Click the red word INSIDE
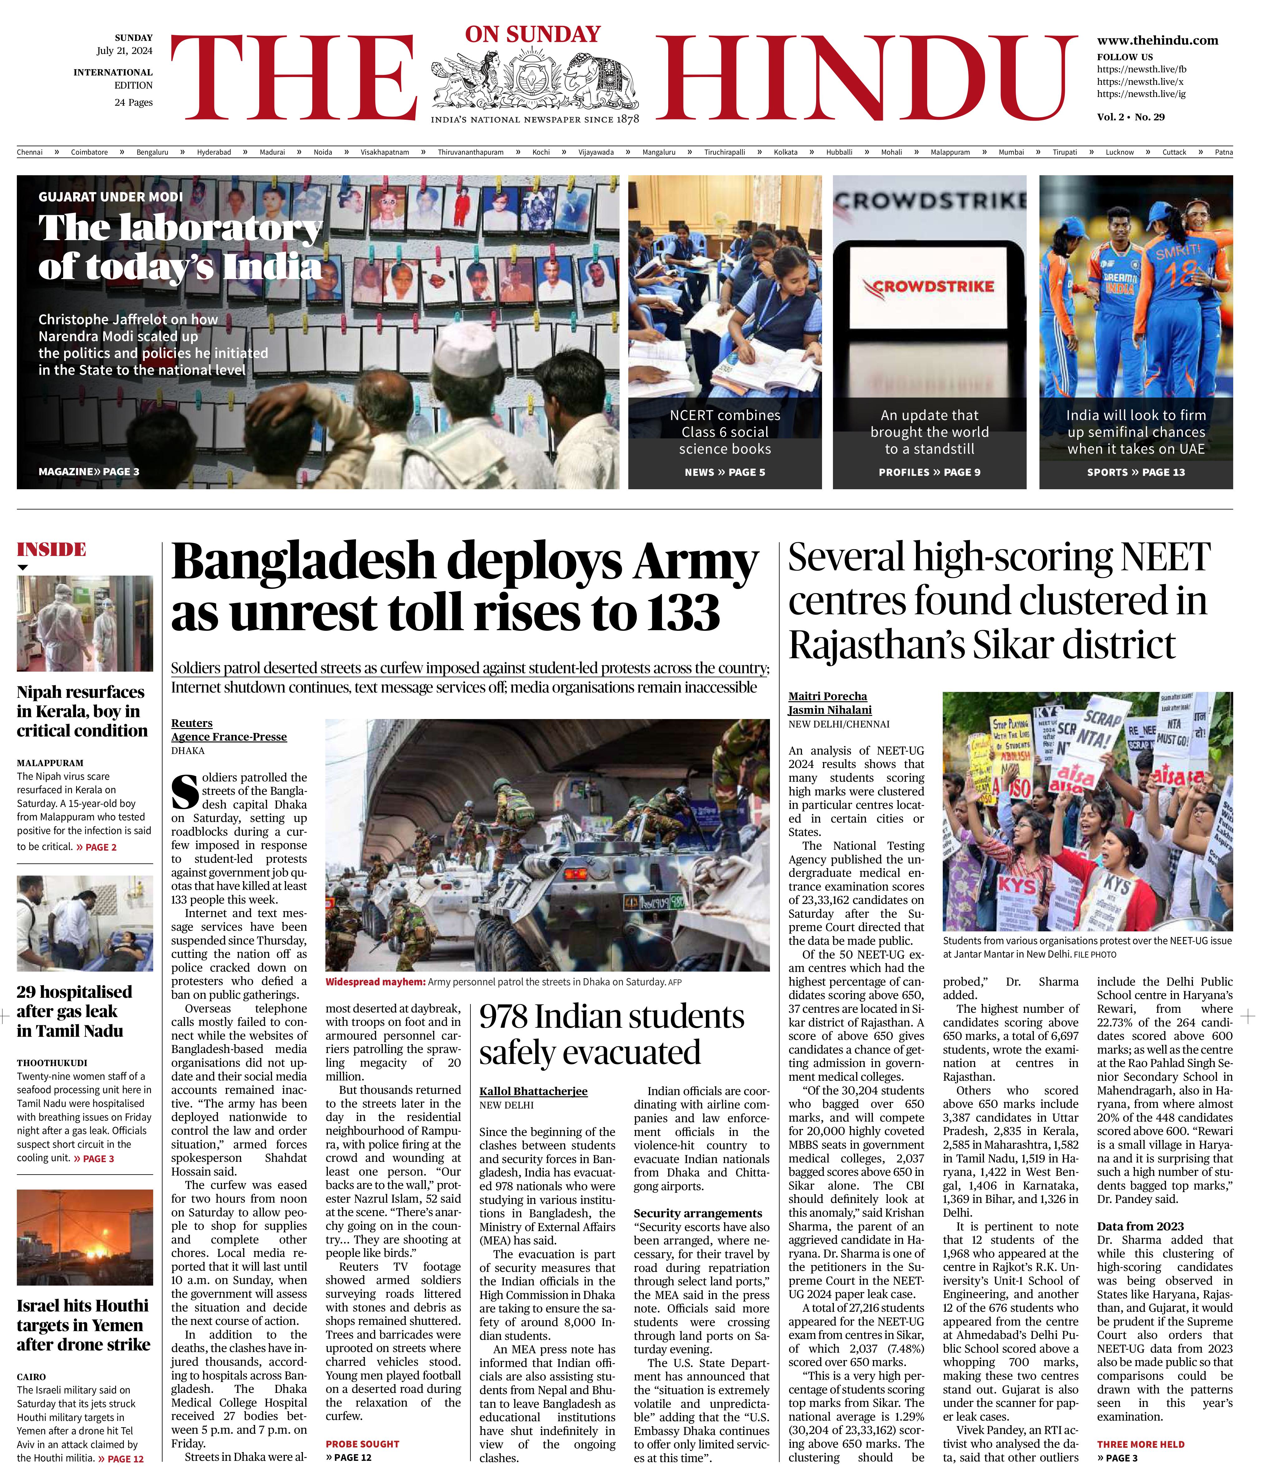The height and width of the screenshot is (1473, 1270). [51, 549]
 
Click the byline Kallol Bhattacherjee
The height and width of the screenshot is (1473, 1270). [533, 1091]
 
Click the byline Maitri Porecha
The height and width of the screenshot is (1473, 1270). [827, 696]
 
